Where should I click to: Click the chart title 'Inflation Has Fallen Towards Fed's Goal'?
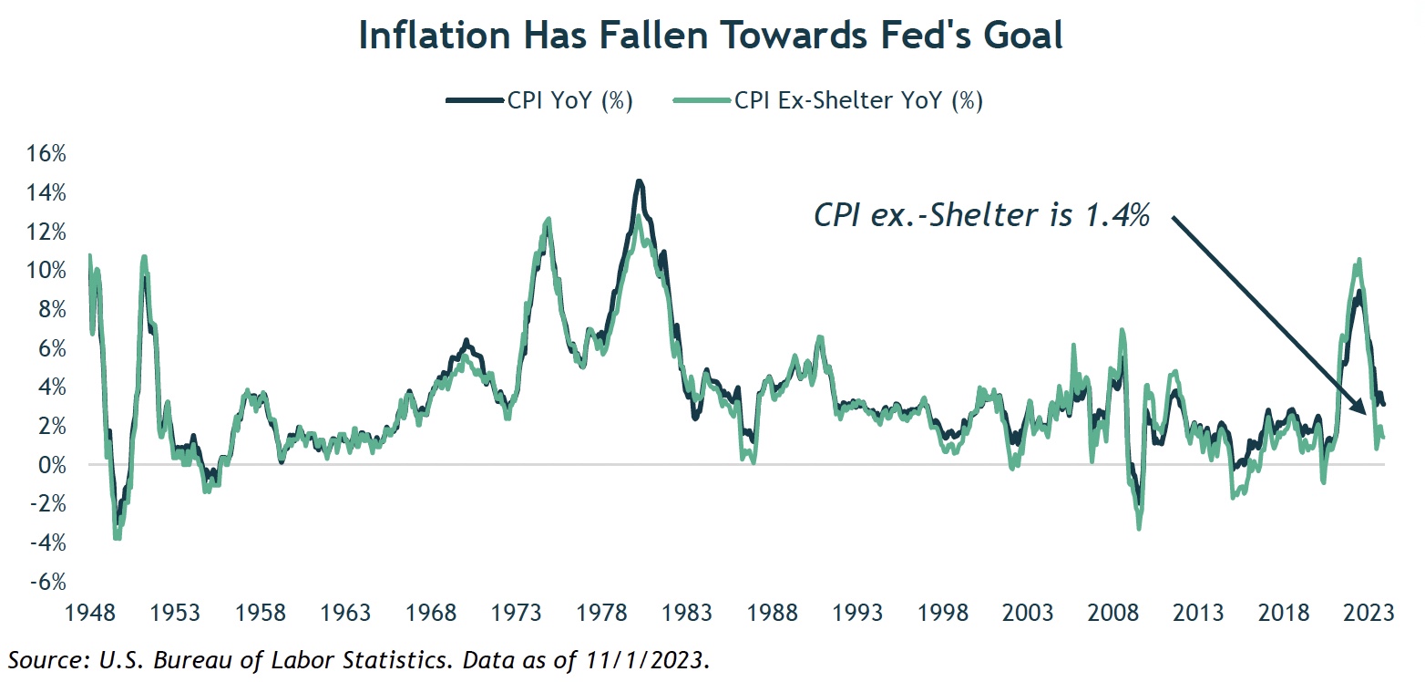711,36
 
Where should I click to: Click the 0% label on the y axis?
51,465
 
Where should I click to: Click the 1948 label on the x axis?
89,612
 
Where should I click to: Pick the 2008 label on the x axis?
1117,612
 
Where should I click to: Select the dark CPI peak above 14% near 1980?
640,181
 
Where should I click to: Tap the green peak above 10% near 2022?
1358,260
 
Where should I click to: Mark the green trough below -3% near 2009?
1139,527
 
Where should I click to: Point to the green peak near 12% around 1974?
548,219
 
